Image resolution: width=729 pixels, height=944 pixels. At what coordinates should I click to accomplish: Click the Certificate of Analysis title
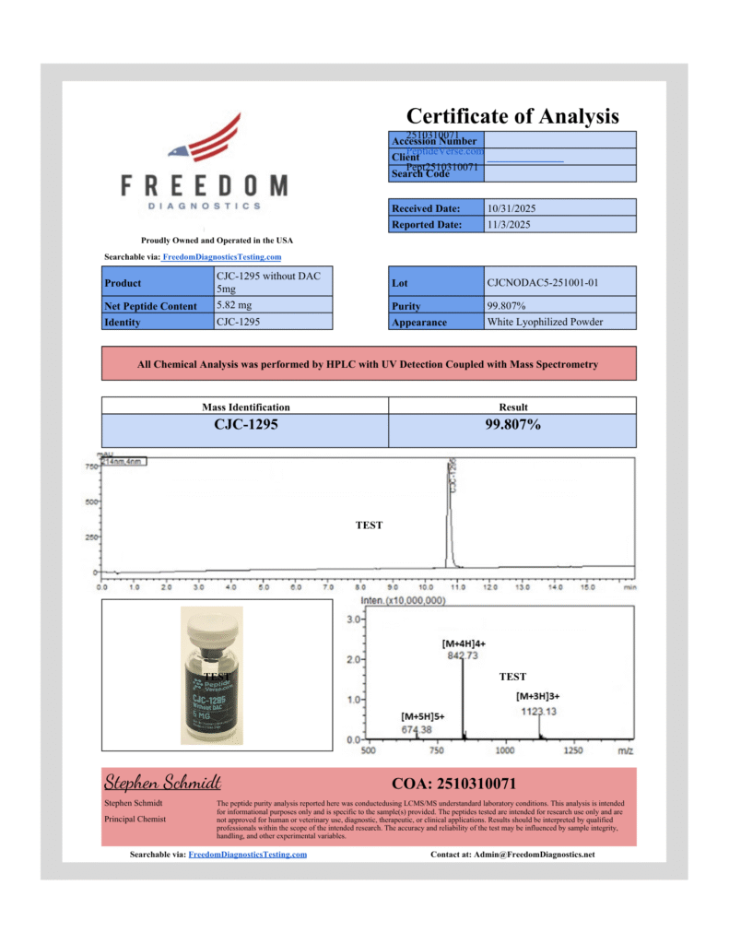tap(512, 116)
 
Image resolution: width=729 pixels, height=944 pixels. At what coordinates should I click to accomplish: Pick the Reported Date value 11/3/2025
tap(508, 224)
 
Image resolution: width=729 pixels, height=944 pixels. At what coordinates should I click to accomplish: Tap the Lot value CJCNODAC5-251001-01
tap(542, 281)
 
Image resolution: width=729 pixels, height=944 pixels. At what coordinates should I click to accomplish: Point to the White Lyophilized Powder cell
tap(545, 322)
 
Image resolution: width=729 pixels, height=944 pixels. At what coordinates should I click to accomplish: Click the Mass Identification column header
tap(244, 407)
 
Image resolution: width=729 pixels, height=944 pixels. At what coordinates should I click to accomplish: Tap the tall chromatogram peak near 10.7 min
tap(449, 516)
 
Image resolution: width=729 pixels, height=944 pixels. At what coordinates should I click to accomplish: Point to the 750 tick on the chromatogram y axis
tap(91, 467)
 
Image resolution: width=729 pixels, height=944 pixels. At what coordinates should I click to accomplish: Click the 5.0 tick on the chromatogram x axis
tap(263, 586)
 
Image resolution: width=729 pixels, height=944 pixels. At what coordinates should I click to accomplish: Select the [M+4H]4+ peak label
tap(464, 642)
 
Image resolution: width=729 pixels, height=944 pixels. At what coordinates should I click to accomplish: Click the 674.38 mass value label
tap(416, 729)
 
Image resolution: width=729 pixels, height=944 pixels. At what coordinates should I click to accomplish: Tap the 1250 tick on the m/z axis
tap(572, 751)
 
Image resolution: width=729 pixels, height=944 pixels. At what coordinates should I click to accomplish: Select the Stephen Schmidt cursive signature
tap(162, 783)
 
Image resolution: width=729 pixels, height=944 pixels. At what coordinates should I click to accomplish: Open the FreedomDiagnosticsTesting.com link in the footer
tap(247, 855)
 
